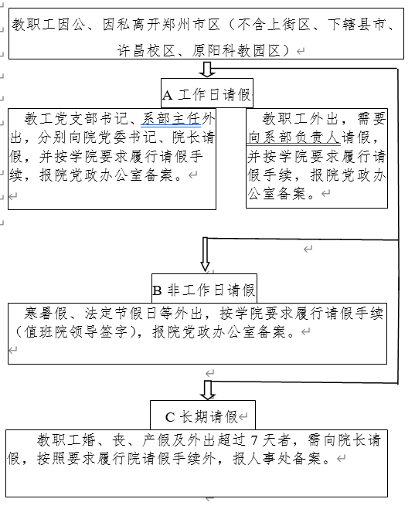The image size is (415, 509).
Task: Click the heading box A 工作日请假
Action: pos(206,95)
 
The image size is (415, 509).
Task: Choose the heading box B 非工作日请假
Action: pos(204,290)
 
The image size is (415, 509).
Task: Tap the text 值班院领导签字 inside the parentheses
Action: pos(75,333)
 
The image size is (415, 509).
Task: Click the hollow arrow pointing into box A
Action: pos(206,70)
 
